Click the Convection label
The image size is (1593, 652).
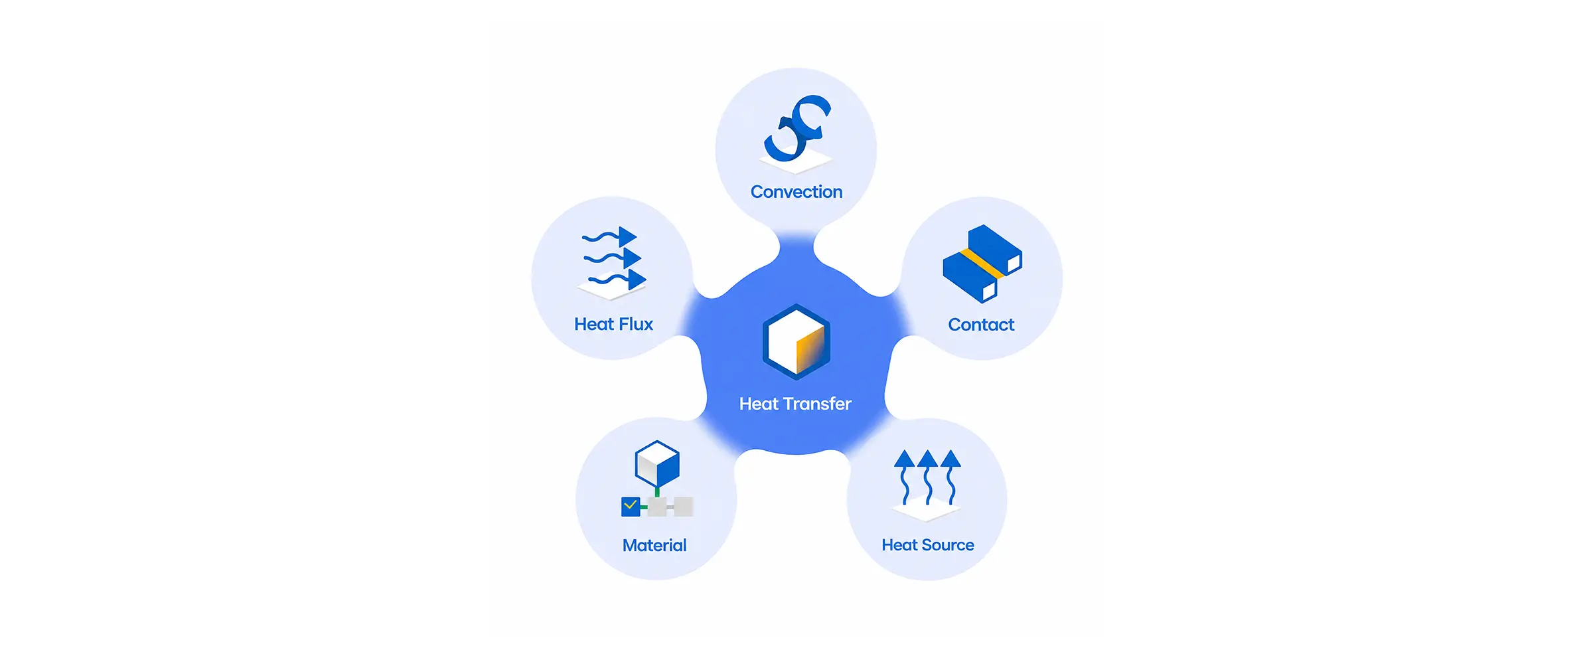[x=796, y=192]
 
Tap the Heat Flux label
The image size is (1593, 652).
[x=614, y=324]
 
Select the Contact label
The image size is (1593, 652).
[x=981, y=325]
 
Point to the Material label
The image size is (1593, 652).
[x=654, y=545]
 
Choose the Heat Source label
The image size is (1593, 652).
[x=928, y=545]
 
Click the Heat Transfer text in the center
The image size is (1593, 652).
[x=795, y=404]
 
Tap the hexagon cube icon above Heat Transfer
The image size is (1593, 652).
[x=796, y=341]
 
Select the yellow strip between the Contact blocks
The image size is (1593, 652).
[x=982, y=264]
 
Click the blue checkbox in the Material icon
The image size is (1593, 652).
[x=631, y=507]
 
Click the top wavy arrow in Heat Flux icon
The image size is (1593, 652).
[x=609, y=237]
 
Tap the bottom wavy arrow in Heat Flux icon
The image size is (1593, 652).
[x=617, y=280]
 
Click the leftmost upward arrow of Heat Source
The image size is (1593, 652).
[x=904, y=477]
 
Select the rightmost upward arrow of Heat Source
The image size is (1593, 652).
[x=951, y=477]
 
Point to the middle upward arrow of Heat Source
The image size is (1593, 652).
[x=927, y=477]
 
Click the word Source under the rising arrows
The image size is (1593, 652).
[x=948, y=545]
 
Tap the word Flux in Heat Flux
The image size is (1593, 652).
[x=636, y=324]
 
